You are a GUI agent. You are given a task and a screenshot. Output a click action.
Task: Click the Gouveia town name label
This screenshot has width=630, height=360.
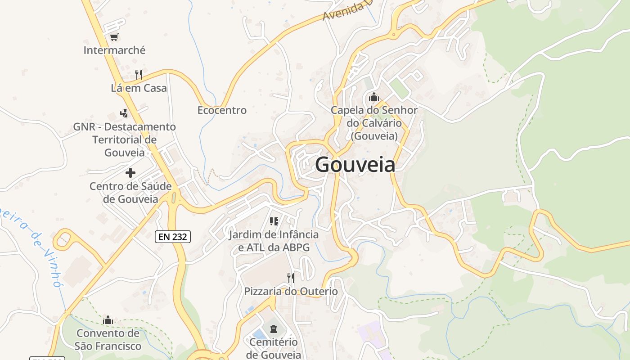click(355, 165)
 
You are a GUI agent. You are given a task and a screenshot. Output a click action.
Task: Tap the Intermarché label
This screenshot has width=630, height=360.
click(114, 50)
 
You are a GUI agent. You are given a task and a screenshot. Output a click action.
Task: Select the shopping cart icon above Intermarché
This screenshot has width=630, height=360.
click(114, 37)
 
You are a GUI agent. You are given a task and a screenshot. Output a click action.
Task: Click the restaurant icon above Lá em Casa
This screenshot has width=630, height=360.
click(139, 74)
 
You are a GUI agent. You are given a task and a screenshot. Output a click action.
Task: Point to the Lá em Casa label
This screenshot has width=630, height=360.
click(139, 88)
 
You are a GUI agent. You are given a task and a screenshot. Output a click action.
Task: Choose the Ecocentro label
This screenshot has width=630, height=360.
click(222, 110)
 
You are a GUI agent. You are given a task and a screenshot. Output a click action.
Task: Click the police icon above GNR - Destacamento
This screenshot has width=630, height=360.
click(124, 113)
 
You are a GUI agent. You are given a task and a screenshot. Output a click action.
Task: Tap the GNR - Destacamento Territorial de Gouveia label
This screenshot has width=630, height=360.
click(125, 139)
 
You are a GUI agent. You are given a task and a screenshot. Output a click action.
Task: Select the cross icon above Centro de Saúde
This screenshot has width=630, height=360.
click(130, 172)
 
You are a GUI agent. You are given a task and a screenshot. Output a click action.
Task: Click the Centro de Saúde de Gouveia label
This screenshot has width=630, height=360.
click(130, 193)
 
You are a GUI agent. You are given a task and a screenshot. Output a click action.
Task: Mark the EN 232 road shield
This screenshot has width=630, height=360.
click(173, 236)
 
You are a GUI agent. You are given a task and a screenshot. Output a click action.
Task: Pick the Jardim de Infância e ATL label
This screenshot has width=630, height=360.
click(274, 241)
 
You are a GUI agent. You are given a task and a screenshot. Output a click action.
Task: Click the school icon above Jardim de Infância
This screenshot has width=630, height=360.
click(274, 221)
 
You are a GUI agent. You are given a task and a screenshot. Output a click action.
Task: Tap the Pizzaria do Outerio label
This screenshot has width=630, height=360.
click(291, 291)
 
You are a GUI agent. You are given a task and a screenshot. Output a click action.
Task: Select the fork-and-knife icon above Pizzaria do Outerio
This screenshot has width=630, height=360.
click(291, 278)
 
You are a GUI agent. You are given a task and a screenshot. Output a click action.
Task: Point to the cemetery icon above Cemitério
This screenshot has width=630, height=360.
click(274, 329)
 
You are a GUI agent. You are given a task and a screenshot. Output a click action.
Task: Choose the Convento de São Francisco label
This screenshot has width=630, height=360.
click(108, 340)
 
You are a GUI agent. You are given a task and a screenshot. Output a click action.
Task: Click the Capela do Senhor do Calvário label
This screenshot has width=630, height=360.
click(374, 123)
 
